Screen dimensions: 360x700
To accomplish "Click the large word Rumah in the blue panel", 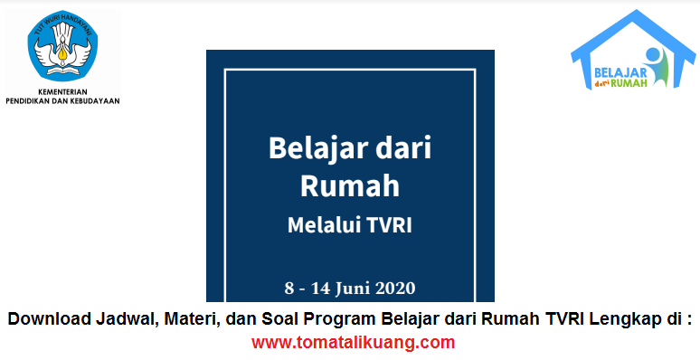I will (349, 187).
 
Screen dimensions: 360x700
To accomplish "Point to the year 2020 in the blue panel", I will (395, 289).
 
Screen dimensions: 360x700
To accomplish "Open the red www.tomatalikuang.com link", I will (352, 342).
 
